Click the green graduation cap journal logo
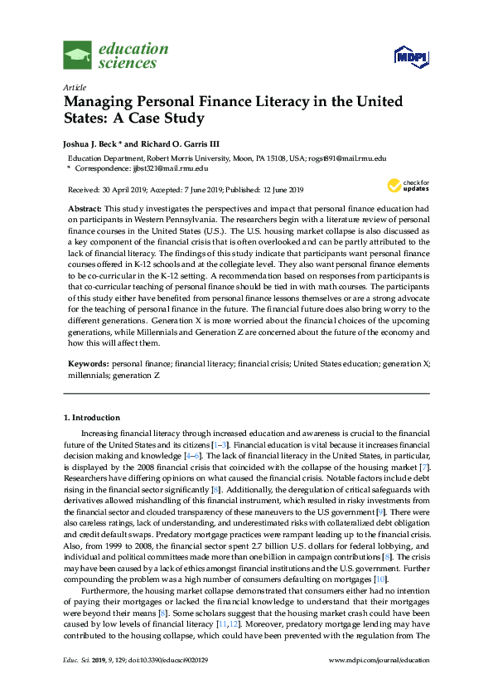(x=77, y=56)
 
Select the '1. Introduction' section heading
(x=92, y=418)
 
